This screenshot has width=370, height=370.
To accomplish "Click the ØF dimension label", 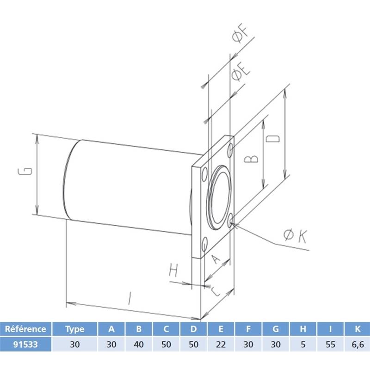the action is (240, 34).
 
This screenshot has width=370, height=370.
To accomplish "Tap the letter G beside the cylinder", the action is (25, 171).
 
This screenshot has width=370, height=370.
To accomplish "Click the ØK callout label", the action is (295, 236).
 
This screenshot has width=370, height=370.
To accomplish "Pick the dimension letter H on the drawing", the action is (173, 270).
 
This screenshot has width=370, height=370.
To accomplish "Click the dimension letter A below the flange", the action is (215, 259).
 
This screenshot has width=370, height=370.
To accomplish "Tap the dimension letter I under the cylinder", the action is (129, 298).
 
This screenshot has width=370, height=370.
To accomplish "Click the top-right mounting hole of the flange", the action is (230, 150).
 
